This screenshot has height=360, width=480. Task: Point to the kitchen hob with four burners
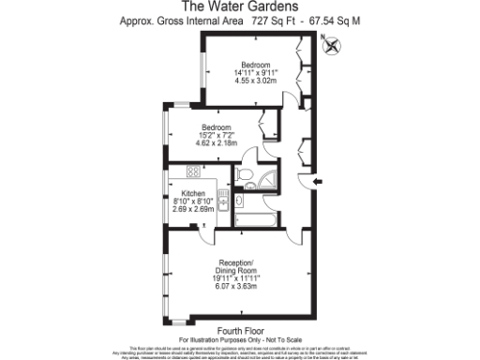tap(194, 172)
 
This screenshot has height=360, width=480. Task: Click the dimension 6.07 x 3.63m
tap(239, 288)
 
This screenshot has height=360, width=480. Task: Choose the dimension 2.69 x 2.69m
tap(194, 209)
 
